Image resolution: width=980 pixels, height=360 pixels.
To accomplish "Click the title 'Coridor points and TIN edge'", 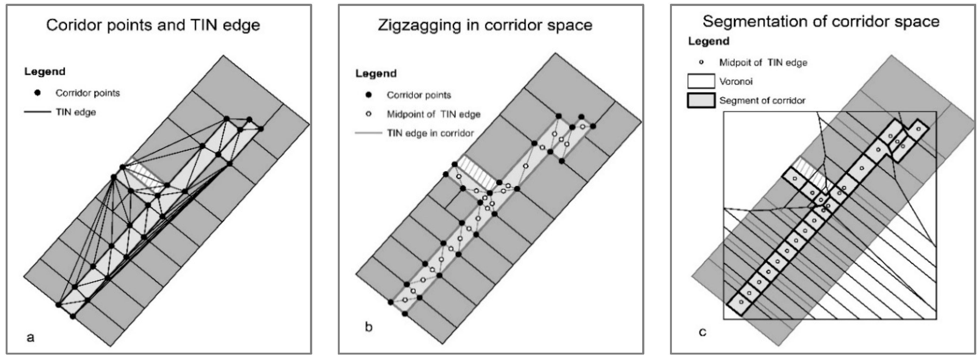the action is click(x=153, y=25).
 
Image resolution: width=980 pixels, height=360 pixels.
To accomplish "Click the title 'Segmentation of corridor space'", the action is click(x=821, y=21).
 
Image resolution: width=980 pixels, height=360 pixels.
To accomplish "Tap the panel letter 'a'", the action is click(x=31, y=337).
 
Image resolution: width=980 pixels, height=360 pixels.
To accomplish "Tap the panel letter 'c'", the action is click(x=702, y=332).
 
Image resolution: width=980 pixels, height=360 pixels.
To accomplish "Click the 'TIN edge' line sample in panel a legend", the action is click(x=37, y=112).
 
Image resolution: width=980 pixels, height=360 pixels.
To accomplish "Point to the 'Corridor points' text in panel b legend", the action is click(x=418, y=95).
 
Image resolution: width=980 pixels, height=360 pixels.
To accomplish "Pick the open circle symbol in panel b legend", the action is click(x=368, y=114).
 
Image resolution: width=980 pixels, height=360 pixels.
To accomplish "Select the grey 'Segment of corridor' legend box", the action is click(x=701, y=101).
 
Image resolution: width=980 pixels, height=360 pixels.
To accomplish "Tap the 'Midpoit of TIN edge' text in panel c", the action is click(x=763, y=62).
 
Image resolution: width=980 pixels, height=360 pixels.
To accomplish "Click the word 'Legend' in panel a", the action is click(x=45, y=72).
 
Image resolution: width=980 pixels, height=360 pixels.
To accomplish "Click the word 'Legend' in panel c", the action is click(x=708, y=41).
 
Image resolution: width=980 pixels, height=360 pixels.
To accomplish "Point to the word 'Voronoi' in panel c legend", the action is click(x=735, y=81).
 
